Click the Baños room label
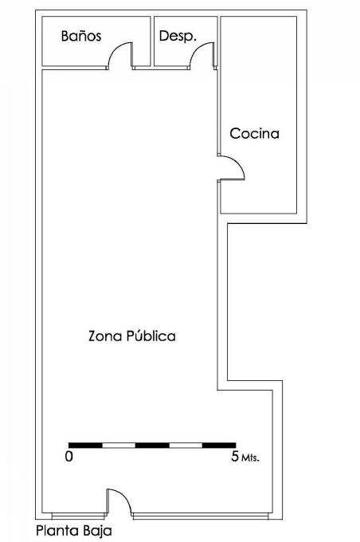[x=81, y=36]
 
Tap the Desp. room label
[x=178, y=36]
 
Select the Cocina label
[x=255, y=134]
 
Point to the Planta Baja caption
[x=74, y=531]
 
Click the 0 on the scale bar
[x=69, y=457]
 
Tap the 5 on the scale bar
[x=235, y=457]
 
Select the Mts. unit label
[x=250, y=458]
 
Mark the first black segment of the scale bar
[x=85, y=446]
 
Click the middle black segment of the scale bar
[x=152, y=446]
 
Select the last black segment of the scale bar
[x=219, y=446]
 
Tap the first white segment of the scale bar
[x=119, y=446]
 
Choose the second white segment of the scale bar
[x=186, y=446]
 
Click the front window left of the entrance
[x=78, y=516]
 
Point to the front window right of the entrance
[x=201, y=516]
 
